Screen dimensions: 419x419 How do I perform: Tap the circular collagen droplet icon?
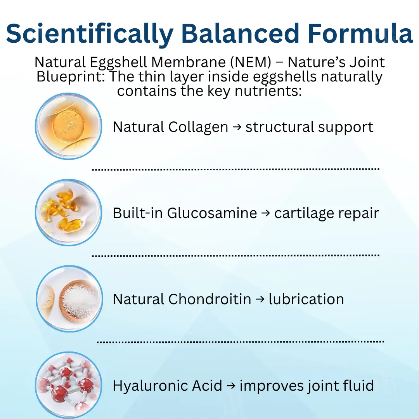69,126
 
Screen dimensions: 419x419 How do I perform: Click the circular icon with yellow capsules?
69,212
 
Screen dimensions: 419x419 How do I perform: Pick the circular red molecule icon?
69,384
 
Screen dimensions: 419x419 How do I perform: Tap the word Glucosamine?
212,213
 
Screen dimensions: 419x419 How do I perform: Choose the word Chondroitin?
209,299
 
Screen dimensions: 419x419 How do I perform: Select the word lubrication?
306,299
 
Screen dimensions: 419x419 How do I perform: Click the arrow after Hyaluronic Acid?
231,386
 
